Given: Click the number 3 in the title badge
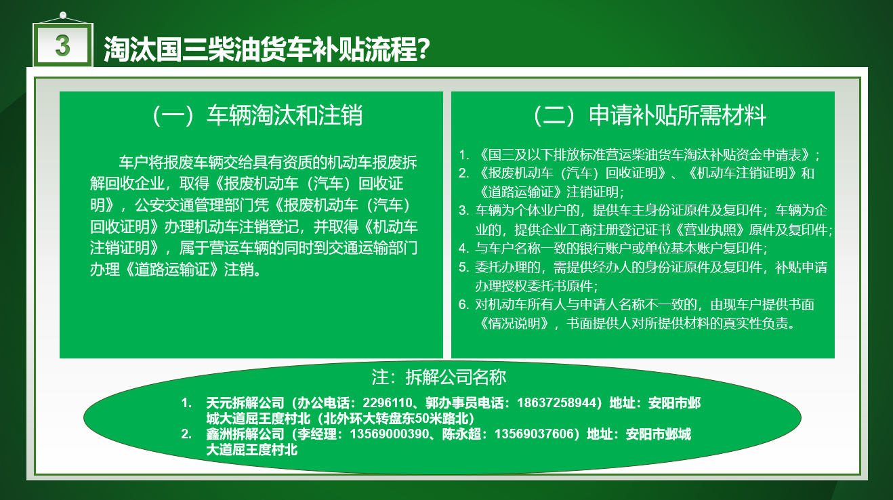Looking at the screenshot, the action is [62, 45].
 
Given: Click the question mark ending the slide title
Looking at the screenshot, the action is [423, 49].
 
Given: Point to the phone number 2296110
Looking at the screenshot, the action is [387, 402].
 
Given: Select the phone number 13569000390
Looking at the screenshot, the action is [389, 434].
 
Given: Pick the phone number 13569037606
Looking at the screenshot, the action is [533, 434].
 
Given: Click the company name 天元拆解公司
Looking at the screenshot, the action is [245, 402].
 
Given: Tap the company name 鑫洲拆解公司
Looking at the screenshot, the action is [245, 434].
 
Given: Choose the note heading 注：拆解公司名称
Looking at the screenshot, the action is [439, 377].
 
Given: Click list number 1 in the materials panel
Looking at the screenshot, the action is [463, 154].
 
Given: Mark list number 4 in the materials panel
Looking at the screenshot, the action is [463, 249].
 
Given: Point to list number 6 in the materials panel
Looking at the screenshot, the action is [463, 305].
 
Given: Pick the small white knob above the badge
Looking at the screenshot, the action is [62, 15].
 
